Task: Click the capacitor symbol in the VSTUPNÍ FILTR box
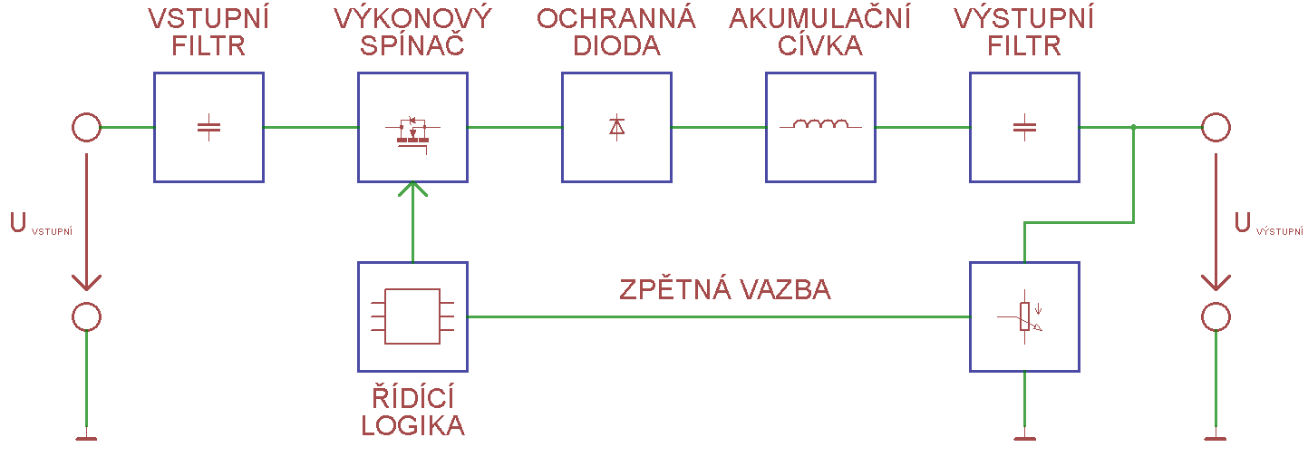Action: click(208, 128)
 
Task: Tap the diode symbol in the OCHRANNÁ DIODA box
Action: click(616, 128)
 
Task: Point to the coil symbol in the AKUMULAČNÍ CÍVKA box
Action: click(820, 125)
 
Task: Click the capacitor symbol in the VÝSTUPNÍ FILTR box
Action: click(1024, 128)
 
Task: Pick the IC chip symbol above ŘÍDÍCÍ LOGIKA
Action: click(412, 316)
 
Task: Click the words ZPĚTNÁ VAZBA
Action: click(725, 290)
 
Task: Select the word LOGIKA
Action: click(412, 425)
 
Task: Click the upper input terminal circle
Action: click(86, 128)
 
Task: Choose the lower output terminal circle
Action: click(1216, 317)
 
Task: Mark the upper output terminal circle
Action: click(1216, 128)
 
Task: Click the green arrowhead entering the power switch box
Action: click(412, 190)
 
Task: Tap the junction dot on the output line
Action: click(1134, 128)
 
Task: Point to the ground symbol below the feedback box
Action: click(1024, 440)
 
